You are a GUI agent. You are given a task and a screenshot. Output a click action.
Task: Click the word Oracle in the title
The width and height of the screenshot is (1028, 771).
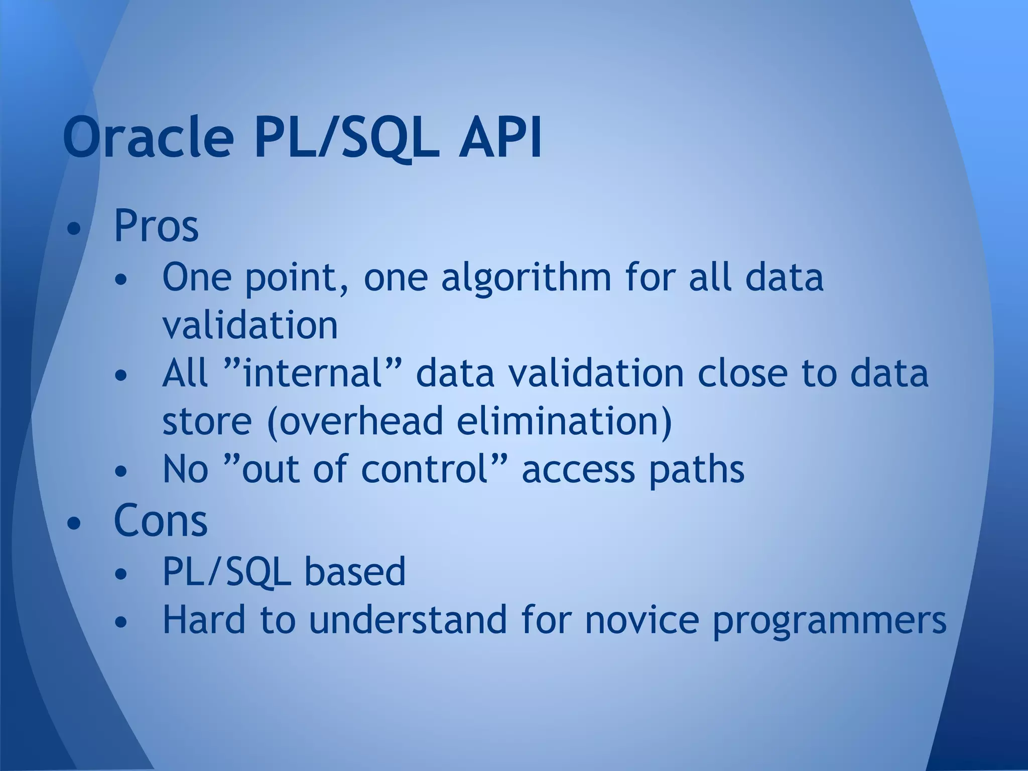149,137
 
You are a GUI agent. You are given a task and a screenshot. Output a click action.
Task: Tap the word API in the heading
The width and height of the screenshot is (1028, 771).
500,137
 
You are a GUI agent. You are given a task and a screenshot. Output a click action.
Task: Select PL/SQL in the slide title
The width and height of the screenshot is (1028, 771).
346,137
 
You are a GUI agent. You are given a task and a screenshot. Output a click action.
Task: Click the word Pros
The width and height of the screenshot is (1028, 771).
156,226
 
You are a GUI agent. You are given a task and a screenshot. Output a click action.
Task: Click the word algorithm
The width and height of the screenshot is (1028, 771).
526,278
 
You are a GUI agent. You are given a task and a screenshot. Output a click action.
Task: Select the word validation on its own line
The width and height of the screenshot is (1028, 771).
250,325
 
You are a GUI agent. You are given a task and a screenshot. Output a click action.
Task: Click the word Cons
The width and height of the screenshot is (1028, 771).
161,521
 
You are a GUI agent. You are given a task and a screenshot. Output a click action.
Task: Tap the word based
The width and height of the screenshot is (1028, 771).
355,572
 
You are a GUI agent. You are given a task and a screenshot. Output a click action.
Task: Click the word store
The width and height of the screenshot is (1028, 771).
207,422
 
